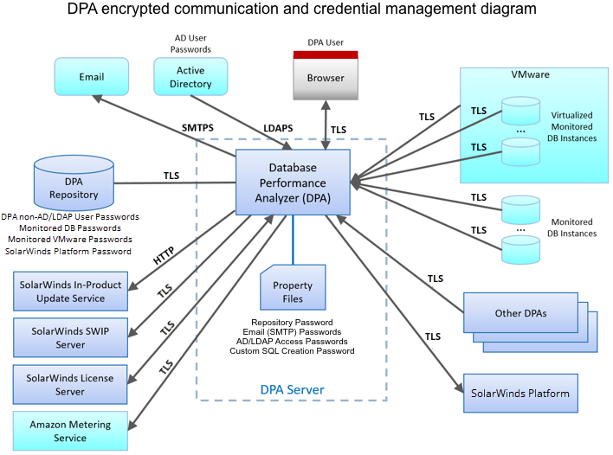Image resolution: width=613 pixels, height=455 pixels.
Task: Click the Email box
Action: tap(91, 77)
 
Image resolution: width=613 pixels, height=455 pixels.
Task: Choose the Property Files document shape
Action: tap(293, 290)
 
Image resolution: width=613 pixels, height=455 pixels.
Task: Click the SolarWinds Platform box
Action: tap(520, 394)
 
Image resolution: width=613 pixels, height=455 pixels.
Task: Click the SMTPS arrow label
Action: tap(197, 128)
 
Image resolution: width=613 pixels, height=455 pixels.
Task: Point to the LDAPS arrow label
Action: tap(277, 128)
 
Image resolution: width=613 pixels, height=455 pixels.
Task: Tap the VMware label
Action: tap(531, 75)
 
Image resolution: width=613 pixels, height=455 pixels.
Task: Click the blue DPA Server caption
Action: tap(293, 390)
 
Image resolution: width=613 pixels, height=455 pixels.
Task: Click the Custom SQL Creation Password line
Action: tap(293, 351)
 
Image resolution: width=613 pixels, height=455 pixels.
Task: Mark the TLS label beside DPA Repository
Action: tap(171, 176)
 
